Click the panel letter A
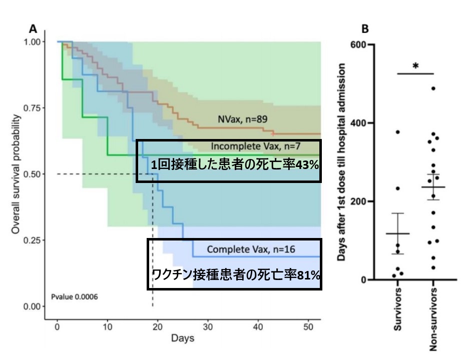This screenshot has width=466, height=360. [33, 29]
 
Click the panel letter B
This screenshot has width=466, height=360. [365, 29]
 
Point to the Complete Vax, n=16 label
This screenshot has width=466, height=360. [244, 249]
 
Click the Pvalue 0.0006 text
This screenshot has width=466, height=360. [74, 296]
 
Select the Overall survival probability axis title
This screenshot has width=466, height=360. [16, 174]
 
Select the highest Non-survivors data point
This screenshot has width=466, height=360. [433, 88]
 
